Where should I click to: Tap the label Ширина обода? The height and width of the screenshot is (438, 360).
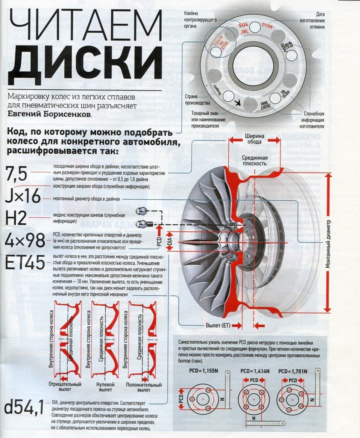255,139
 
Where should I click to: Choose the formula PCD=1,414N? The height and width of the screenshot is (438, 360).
255,371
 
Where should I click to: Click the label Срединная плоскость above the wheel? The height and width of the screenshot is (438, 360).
254,160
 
